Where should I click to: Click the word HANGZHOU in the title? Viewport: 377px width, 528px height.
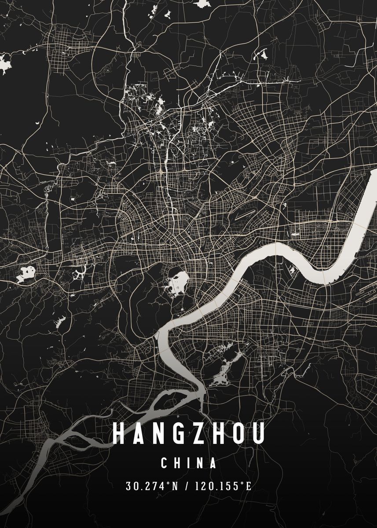click(189, 433)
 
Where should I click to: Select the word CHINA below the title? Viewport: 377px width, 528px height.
click(189, 463)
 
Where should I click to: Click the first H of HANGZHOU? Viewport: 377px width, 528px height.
click(118, 433)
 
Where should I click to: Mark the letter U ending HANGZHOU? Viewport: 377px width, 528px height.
click(258, 433)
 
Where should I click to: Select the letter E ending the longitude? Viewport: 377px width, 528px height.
click(249, 486)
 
